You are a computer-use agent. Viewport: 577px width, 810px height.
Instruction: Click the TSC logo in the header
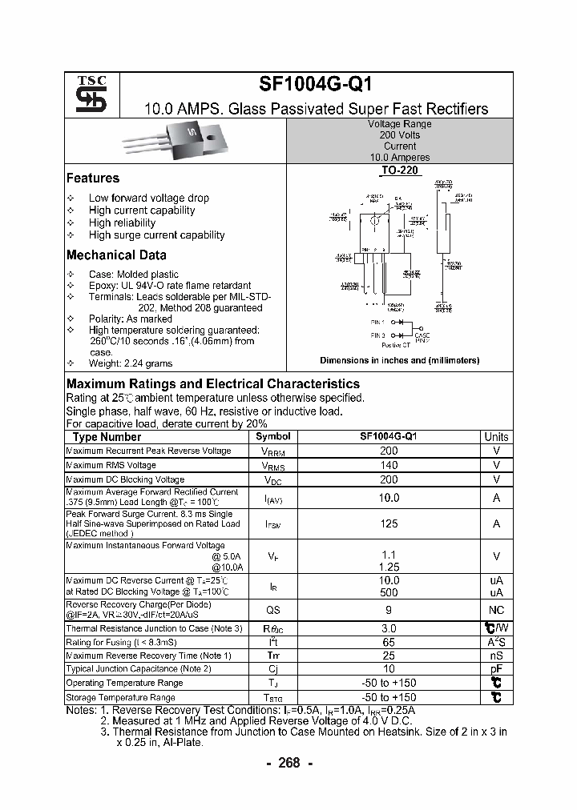[86, 94]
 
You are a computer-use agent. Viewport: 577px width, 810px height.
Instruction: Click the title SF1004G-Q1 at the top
[315, 86]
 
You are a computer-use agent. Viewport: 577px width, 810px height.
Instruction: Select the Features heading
[93, 178]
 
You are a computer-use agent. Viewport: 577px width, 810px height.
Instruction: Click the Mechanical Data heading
[116, 255]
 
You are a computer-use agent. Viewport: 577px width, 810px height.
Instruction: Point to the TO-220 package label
[399, 171]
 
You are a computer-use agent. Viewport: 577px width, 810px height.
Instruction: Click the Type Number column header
[107, 437]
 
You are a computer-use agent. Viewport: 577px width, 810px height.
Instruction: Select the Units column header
[496, 437]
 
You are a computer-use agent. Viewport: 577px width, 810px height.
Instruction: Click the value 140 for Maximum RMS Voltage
[389, 465]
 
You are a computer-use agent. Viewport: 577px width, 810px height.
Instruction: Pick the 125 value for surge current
[389, 524]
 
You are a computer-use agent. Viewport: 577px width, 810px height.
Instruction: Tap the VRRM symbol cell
[273, 451]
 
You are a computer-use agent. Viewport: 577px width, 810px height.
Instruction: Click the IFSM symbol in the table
[273, 524]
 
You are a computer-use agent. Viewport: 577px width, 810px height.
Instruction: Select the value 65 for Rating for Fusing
[389, 642]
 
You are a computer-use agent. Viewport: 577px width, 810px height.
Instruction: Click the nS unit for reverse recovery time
[496, 656]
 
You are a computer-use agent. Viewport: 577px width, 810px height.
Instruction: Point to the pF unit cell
[496, 669]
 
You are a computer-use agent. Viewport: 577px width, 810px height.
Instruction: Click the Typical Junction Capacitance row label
[139, 669]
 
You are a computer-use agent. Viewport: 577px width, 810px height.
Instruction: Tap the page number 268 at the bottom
[288, 763]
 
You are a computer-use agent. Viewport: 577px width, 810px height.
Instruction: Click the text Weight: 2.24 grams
[131, 363]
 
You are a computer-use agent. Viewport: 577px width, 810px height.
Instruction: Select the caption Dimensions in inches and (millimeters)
[399, 360]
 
